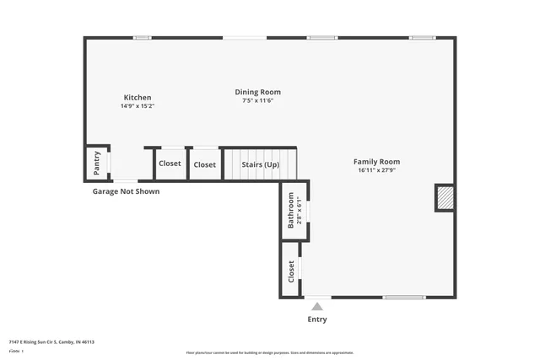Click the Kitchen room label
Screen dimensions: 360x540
138,97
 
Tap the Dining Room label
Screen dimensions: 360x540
257,92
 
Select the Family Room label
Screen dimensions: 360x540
376,162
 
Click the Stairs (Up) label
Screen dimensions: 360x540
260,164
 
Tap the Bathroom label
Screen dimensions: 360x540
291,210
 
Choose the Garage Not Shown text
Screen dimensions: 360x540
126,191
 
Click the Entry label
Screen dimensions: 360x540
317,320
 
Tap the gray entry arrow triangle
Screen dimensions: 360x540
317,306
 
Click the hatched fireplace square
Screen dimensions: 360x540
445,198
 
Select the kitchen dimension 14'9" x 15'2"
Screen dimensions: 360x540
138,106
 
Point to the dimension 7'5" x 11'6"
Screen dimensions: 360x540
257,100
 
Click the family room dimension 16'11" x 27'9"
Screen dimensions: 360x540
376,170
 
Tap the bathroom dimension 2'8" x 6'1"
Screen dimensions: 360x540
300,210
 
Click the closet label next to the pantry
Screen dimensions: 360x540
170,164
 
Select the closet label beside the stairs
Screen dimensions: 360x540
204,164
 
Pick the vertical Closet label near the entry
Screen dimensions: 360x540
291,271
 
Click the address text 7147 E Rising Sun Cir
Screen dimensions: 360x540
51,341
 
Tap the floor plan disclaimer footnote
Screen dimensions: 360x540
270,352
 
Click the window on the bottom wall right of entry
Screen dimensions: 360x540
404,297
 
